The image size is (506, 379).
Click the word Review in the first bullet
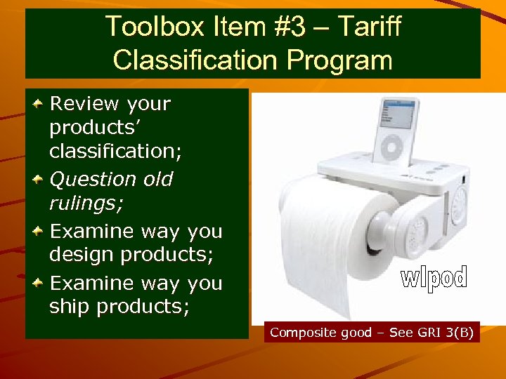[x=84, y=104]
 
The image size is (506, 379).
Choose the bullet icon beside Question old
[x=40, y=180]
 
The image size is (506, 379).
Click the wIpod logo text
[x=434, y=279]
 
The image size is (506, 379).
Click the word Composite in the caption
[x=296, y=332]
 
